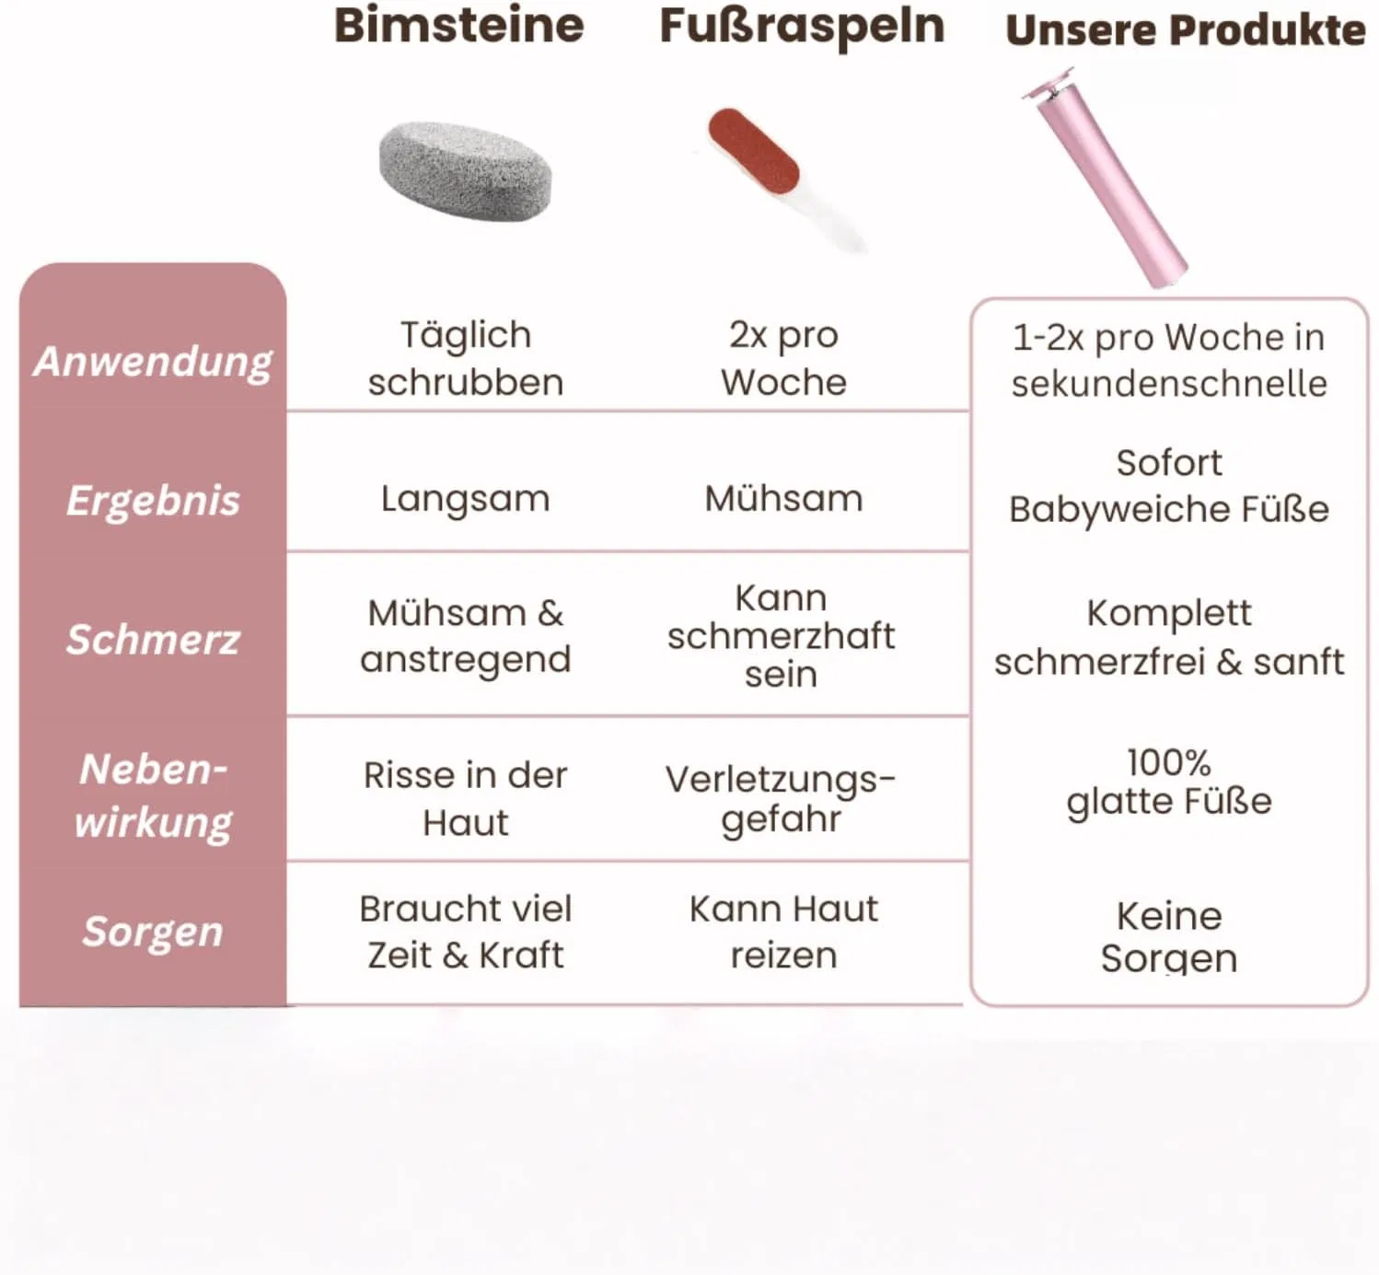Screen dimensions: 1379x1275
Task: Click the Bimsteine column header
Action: pos(459,26)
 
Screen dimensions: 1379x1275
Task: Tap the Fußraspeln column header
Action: pos(802,28)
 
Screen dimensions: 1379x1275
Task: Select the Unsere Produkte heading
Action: pos(1186,30)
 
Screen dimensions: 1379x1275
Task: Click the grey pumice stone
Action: pos(465,171)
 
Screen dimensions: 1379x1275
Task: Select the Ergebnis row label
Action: pos(153,501)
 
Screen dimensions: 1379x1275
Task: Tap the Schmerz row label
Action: pos(153,639)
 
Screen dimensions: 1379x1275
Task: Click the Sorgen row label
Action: pos(153,932)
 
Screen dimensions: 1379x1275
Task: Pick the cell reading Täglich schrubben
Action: pos(465,359)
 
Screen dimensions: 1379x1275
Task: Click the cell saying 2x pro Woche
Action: pos(784,359)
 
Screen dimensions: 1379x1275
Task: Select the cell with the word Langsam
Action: pos(465,499)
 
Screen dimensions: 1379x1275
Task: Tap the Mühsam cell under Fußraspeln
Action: pos(784,499)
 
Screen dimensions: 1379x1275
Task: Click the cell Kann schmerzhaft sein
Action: pos(782,636)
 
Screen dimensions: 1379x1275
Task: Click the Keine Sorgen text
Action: pos(1169,937)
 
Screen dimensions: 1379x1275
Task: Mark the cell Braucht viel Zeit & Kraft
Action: pos(465,932)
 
